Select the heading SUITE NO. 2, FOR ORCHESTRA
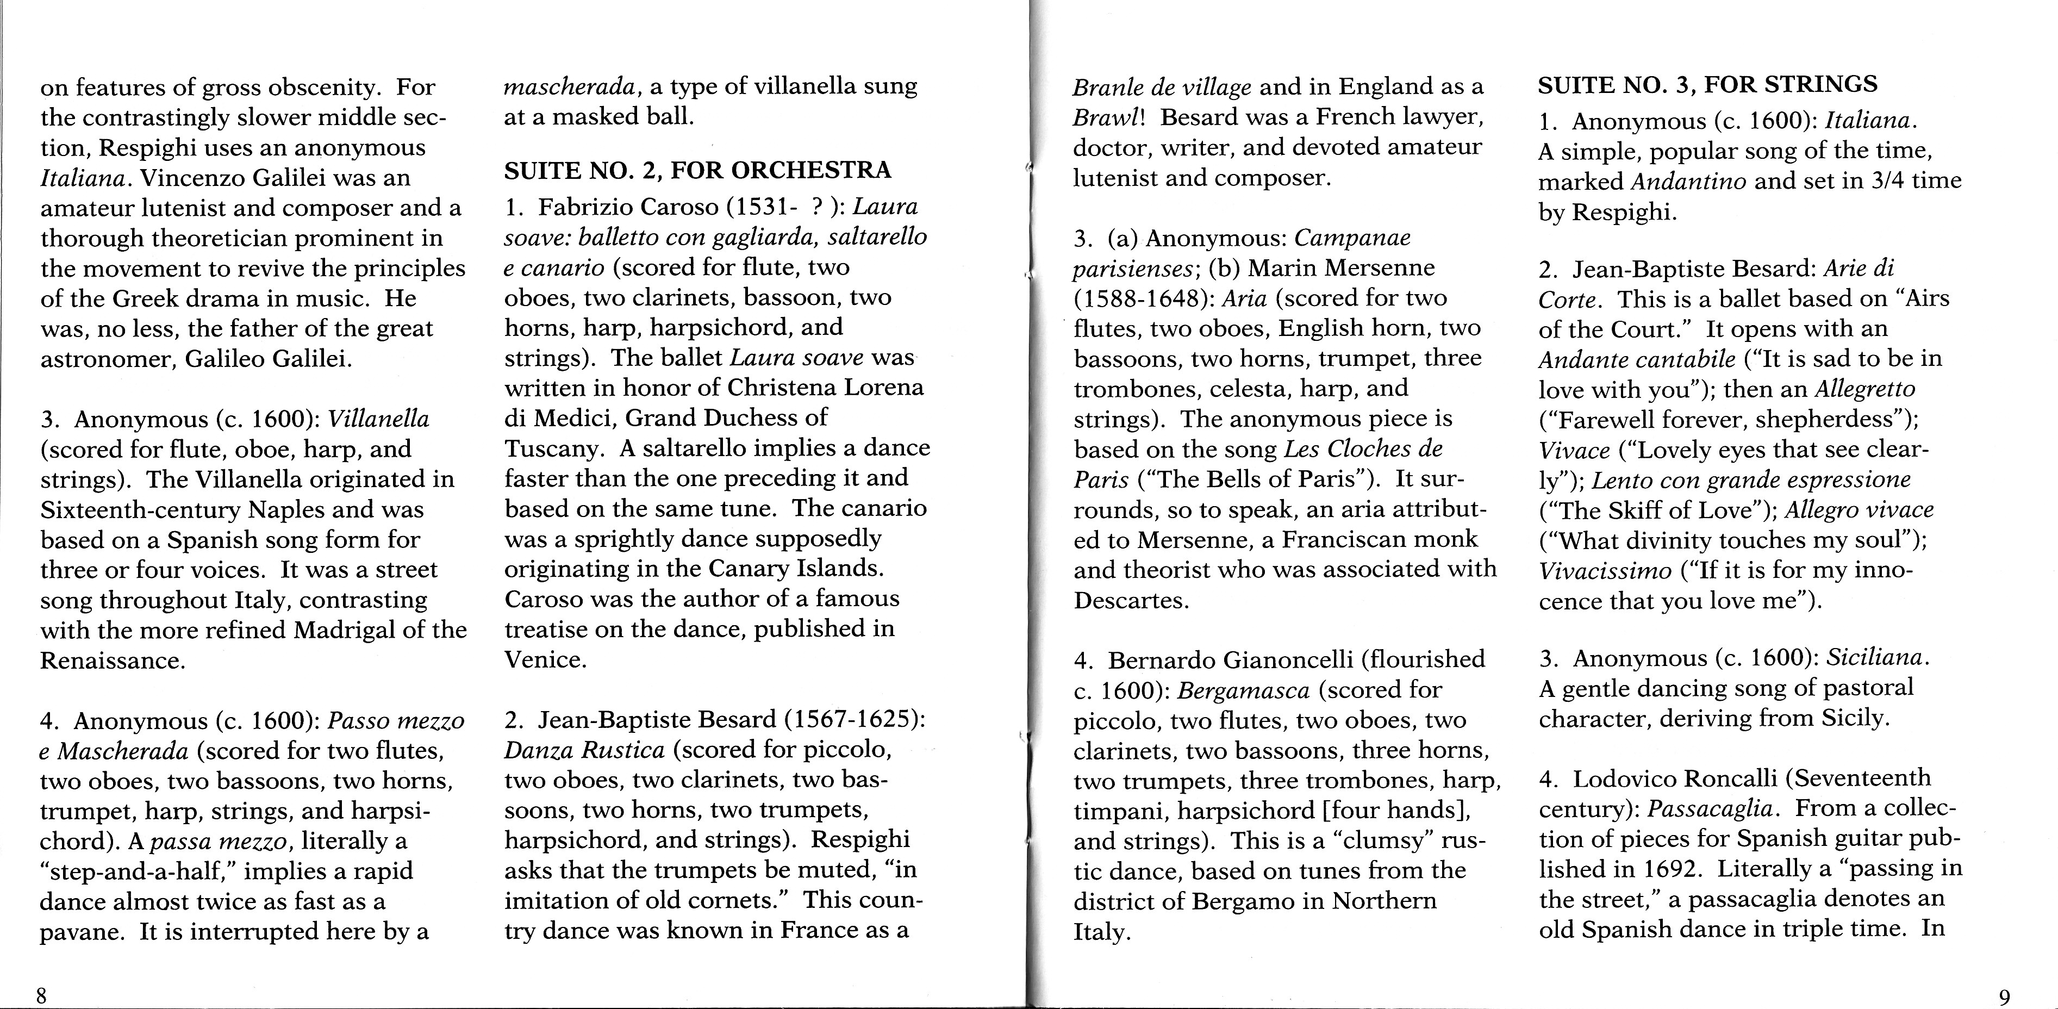click(x=697, y=170)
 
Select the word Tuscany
click(x=551, y=448)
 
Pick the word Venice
click(x=545, y=660)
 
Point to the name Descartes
click(x=1131, y=600)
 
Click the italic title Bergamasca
click(x=1243, y=690)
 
